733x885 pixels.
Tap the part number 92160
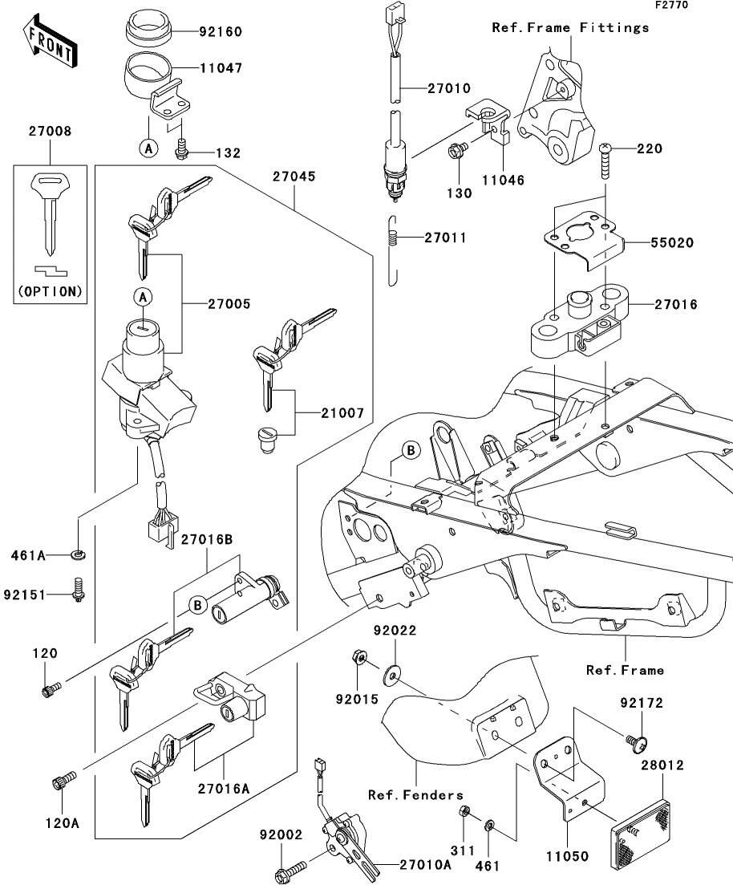221,33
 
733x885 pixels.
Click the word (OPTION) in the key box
50,291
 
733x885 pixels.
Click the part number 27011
445,238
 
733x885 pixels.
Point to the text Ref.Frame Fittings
570,28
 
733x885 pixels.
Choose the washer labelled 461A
79,554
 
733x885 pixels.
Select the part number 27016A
224,787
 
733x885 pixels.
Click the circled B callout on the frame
410,451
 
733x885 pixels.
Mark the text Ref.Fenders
415,794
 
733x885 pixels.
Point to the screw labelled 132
182,149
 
